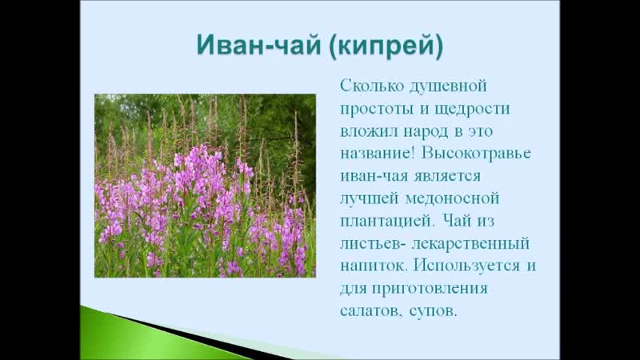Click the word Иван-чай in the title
[x=258, y=45]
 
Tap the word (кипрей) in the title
[x=386, y=46]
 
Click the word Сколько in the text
[x=372, y=86]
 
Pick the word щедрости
[x=473, y=110]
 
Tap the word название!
[x=378, y=154]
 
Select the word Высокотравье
[x=476, y=154]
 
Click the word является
[x=447, y=176]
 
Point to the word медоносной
[x=453, y=198]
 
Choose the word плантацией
[x=386, y=222]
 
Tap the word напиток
[x=374, y=266]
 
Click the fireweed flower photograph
[x=205, y=186]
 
